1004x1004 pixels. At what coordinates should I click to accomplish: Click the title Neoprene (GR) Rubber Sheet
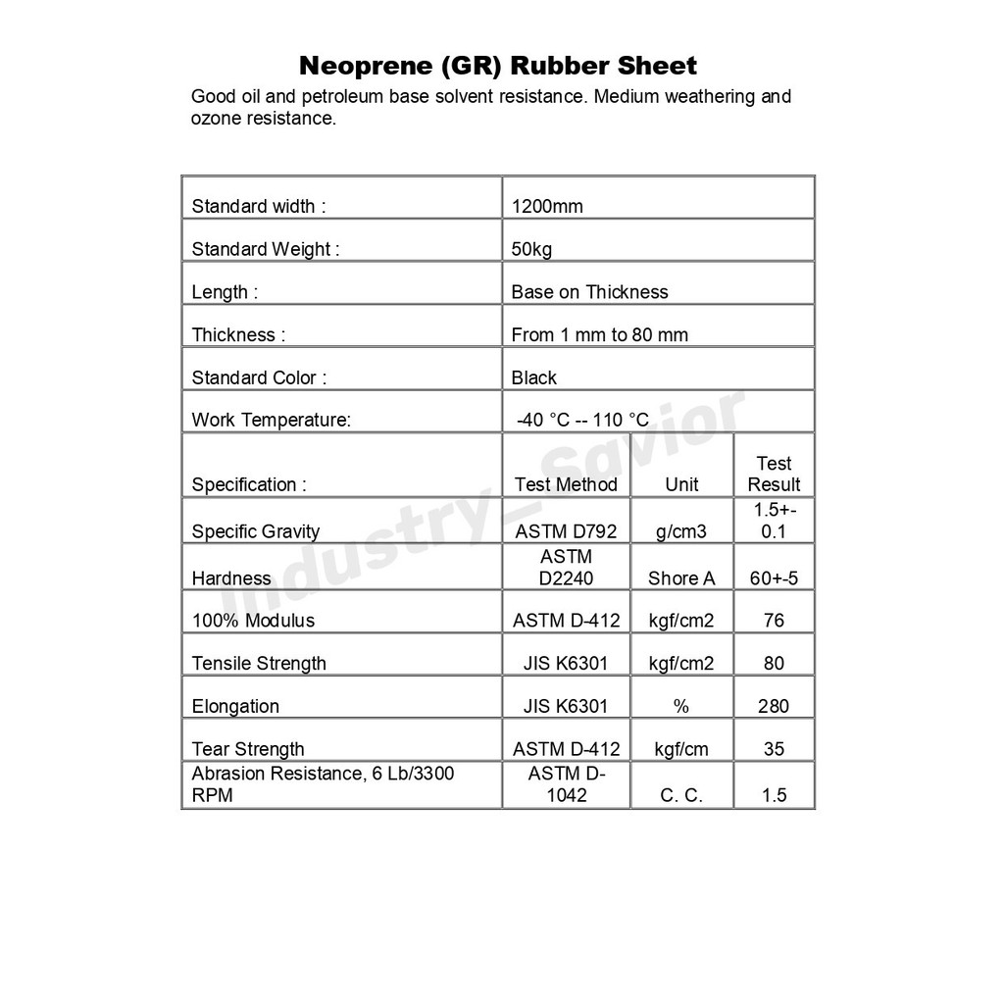(497, 67)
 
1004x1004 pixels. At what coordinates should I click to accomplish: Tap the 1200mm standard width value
(547, 206)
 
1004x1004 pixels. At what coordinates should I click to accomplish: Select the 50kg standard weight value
(531, 249)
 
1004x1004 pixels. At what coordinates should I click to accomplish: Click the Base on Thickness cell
(589, 292)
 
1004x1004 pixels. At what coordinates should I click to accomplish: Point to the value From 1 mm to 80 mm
(599, 335)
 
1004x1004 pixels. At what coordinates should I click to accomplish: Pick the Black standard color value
(533, 377)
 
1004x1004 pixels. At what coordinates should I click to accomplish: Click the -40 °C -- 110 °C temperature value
(582, 421)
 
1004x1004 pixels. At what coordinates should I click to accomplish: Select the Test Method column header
(566, 484)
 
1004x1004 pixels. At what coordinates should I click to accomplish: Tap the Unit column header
(681, 484)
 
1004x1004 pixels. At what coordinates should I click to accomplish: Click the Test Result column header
(774, 474)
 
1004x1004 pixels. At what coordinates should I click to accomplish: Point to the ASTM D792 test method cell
(566, 531)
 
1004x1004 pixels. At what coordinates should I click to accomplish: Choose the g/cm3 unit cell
(681, 531)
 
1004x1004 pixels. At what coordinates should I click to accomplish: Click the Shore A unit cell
(681, 578)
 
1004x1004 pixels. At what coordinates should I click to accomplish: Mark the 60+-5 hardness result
(774, 578)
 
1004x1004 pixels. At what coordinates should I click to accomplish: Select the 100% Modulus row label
(253, 621)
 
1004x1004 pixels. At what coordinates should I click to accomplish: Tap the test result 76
(774, 621)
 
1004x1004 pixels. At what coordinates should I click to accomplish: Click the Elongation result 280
(774, 706)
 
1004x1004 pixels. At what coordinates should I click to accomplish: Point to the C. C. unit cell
(681, 795)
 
